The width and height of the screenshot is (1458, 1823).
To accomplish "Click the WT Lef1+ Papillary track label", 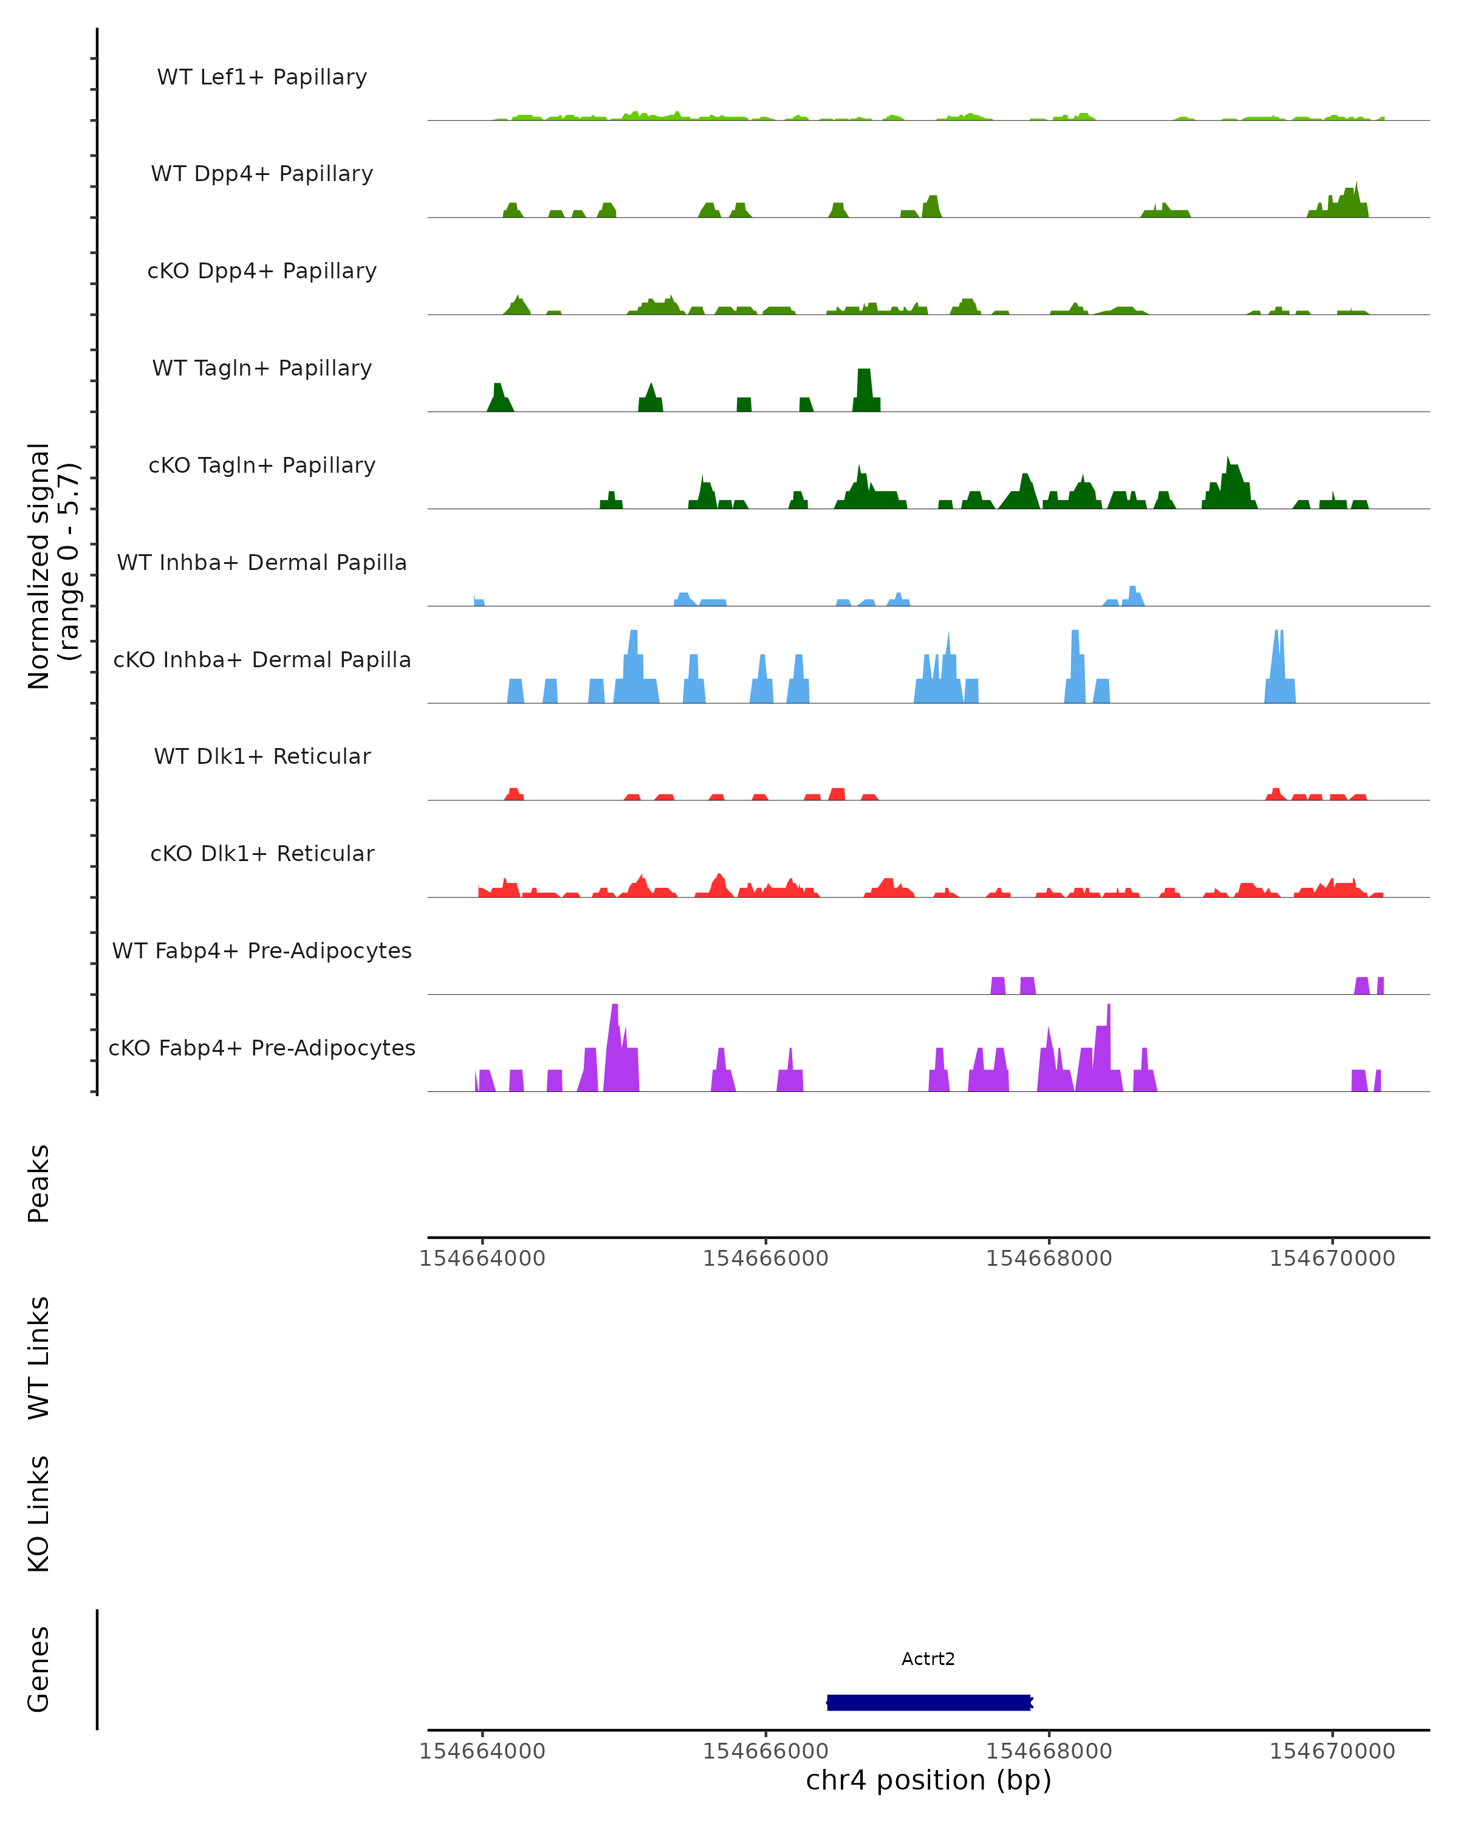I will [x=262, y=77].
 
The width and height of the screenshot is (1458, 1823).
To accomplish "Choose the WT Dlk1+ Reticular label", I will [x=262, y=756].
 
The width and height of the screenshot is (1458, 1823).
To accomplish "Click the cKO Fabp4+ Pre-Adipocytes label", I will [x=262, y=1048].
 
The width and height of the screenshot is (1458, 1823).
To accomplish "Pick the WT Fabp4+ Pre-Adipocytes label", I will [x=262, y=950].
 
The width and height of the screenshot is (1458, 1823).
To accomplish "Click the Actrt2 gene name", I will [x=928, y=1659].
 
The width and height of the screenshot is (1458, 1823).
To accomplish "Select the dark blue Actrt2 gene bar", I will [x=928, y=1702].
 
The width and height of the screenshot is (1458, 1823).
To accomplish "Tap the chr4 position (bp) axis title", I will [x=928, y=1780].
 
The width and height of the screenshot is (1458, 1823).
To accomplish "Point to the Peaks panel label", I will [x=39, y=1183].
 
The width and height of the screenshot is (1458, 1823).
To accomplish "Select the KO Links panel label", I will [x=39, y=1514].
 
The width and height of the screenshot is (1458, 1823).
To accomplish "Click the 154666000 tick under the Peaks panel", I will [x=766, y=1258].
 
